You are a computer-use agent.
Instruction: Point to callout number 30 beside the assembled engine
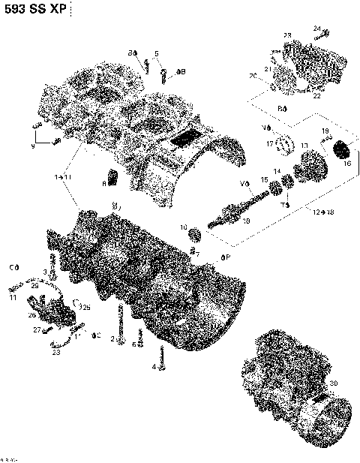coord(334,383)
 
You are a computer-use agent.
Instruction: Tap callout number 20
coord(253,76)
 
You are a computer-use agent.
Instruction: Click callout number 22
coord(316,95)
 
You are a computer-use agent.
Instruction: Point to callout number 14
coord(277,172)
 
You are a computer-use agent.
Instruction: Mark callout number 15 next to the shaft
coord(263,179)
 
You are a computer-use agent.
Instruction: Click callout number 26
coord(32,314)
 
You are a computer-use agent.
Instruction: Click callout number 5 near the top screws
coord(157,53)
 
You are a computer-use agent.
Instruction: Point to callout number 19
coord(325,131)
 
